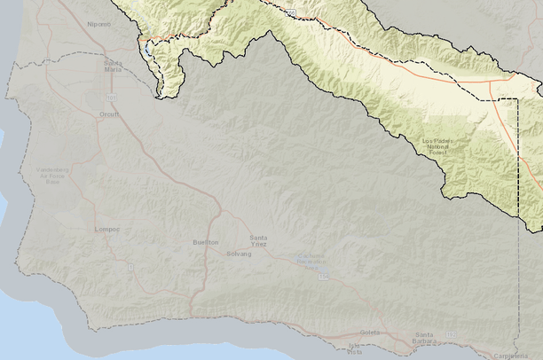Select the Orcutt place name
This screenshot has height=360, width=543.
(108, 113)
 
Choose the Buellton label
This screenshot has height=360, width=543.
(205, 242)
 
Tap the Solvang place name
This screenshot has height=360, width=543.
(239, 254)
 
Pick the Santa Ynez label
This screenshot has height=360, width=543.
(259, 239)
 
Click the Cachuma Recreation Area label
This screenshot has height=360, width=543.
(310, 261)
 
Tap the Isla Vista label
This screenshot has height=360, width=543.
(356, 348)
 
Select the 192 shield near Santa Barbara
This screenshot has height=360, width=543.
(450, 334)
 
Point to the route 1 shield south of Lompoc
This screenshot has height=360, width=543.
(130, 266)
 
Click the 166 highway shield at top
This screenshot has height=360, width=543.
(291, 13)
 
